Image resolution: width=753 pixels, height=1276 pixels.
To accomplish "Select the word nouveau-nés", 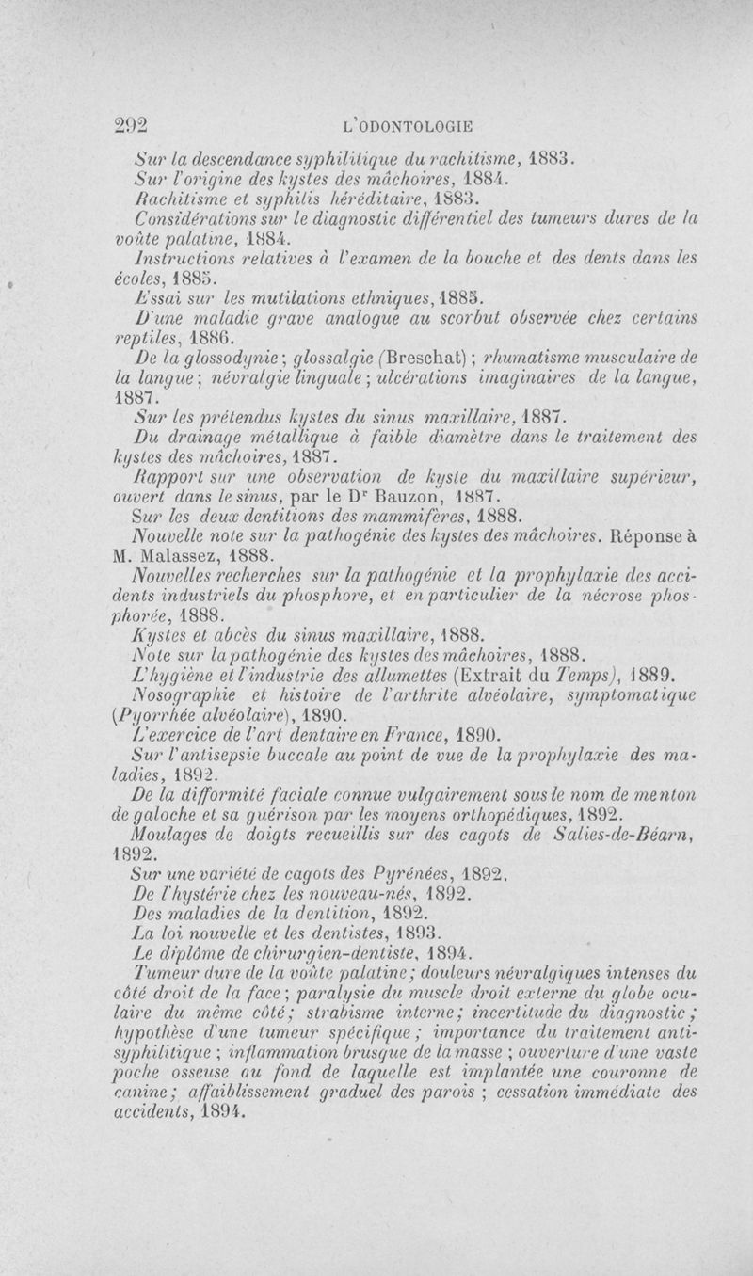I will click(359, 893).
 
